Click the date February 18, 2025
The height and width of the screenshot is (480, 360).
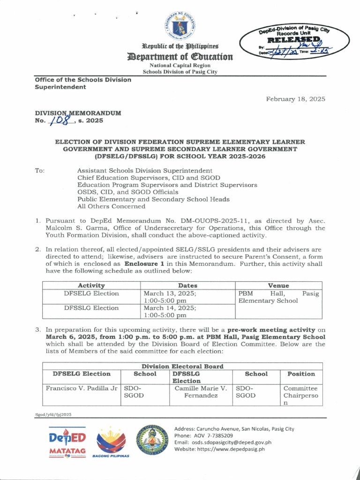[295, 99]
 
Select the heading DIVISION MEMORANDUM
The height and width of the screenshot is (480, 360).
[78, 113]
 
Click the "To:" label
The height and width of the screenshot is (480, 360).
[40, 171]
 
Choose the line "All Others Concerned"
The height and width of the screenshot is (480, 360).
[111, 206]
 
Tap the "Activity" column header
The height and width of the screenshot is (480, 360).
[91, 285]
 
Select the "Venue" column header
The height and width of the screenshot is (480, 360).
[278, 285]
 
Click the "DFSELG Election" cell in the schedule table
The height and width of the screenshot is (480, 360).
[91, 294]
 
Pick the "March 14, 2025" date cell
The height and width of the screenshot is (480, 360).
[170, 308]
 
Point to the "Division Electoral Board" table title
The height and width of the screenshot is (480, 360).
[182, 366]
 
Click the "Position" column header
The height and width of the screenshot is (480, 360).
[301, 374]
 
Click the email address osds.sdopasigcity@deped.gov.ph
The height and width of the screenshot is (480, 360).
[223, 442]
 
